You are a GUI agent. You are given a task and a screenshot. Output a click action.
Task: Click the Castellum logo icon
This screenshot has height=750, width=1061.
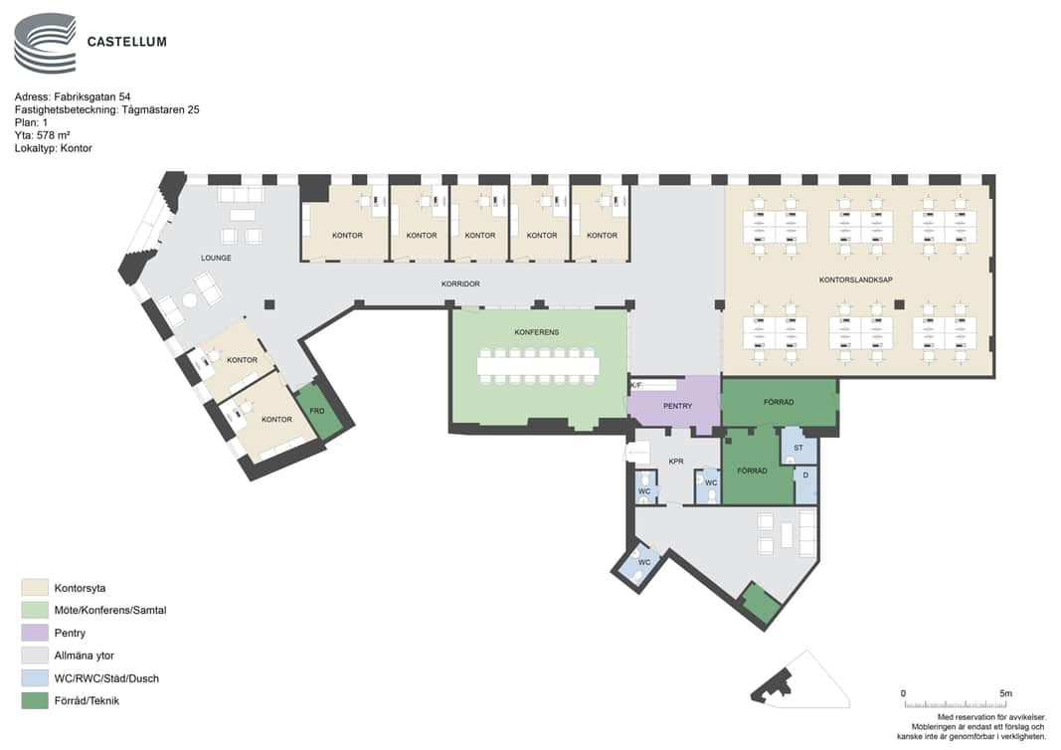click(45, 44)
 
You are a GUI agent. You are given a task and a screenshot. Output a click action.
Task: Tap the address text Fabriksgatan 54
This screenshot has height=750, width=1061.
click(92, 96)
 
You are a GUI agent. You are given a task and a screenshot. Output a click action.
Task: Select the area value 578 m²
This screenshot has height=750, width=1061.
click(54, 135)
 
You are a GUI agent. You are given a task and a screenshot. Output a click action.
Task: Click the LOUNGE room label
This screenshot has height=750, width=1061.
click(216, 258)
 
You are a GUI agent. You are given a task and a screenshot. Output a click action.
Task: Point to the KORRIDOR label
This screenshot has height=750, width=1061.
click(460, 284)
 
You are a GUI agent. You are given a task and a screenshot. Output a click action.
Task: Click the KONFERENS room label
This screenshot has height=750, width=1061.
click(537, 332)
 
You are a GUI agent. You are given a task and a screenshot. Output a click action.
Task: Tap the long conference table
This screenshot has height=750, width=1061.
click(538, 366)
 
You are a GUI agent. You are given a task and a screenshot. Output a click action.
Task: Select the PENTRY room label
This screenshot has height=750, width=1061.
click(677, 406)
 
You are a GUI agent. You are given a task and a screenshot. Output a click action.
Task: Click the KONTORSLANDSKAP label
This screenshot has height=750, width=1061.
click(855, 280)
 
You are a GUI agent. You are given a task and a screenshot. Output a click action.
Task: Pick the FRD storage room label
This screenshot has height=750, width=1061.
click(316, 411)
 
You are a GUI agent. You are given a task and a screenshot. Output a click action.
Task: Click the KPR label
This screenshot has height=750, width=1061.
click(676, 462)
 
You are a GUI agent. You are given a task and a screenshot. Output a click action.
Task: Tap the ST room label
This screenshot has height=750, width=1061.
click(798, 448)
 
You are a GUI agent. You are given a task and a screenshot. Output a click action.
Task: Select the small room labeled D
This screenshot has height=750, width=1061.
click(805, 484)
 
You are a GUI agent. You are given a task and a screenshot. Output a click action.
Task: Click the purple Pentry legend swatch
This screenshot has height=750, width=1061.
click(35, 633)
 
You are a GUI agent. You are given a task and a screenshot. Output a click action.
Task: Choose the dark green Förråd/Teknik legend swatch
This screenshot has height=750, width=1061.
click(35, 700)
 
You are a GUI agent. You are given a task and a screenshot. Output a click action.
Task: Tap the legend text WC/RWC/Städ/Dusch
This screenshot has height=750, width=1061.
click(106, 678)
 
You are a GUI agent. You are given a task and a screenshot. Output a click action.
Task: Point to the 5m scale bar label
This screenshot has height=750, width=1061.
click(1005, 694)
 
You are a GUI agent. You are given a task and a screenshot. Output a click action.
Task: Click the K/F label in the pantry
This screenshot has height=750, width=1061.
click(636, 385)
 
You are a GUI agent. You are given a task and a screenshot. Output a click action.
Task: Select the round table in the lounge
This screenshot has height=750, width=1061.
click(189, 300)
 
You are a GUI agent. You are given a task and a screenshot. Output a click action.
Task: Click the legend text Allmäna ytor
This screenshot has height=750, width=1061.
click(84, 656)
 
